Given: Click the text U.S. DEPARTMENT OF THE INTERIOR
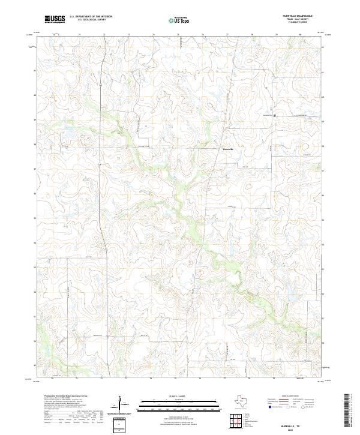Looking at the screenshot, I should point(91,17).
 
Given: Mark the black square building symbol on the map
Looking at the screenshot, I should point(274,115).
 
